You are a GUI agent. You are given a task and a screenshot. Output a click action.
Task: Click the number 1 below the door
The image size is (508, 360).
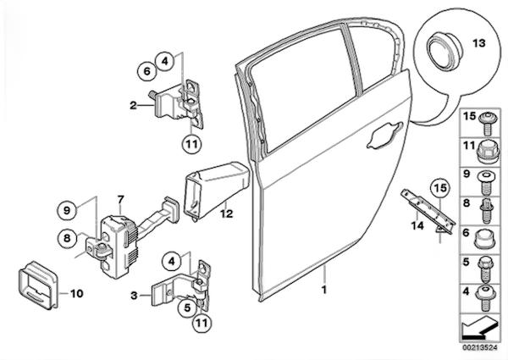[324, 289]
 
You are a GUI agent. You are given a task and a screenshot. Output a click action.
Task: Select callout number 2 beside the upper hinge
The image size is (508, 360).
[133, 105]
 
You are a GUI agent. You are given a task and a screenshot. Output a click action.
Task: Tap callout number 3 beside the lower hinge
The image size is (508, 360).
[134, 295]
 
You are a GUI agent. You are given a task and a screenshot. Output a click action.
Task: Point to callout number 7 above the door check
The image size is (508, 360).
[121, 200]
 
